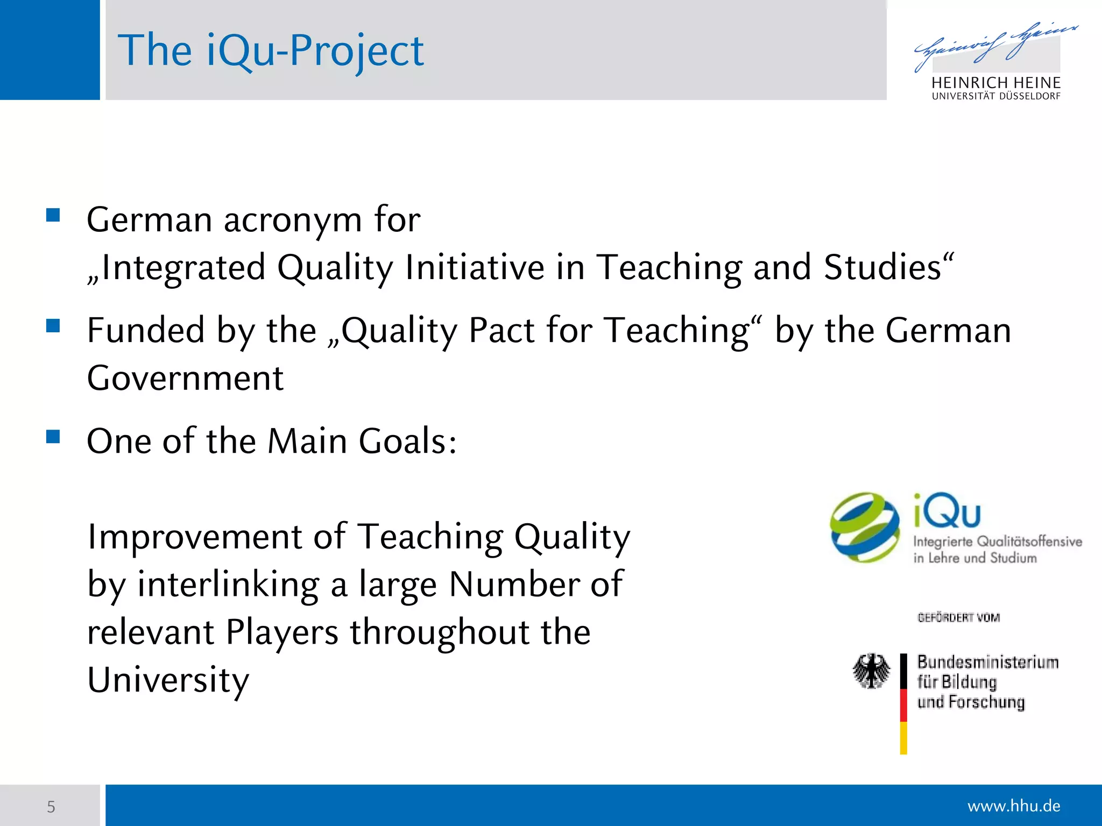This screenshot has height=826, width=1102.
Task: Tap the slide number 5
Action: pyautogui.click(x=51, y=807)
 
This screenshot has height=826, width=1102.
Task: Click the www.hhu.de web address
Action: pyautogui.click(x=1013, y=806)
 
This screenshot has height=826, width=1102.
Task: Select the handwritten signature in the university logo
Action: pyautogui.click(x=995, y=46)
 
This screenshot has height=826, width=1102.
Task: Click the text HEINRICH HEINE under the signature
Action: pyautogui.click(x=995, y=83)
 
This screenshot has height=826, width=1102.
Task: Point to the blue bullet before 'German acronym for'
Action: pyautogui.click(x=53, y=216)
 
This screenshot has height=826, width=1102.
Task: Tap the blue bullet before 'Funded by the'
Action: pyautogui.click(x=53, y=326)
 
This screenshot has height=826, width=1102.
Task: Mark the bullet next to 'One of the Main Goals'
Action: pyautogui.click(x=53, y=436)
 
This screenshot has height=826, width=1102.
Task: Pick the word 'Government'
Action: pyautogui.click(x=185, y=378)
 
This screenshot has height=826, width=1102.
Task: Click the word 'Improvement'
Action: pyautogui.click(x=194, y=537)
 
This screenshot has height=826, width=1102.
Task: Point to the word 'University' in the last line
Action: pyautogui.click(x=168, y=680)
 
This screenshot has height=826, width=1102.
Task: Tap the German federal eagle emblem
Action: pyautogui.click(x=871, y=671)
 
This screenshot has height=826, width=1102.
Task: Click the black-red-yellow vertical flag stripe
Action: pyautogui.click(x=903, y=703)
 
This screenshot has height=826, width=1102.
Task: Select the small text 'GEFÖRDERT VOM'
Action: pyautogui.click(x=958, y=617)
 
